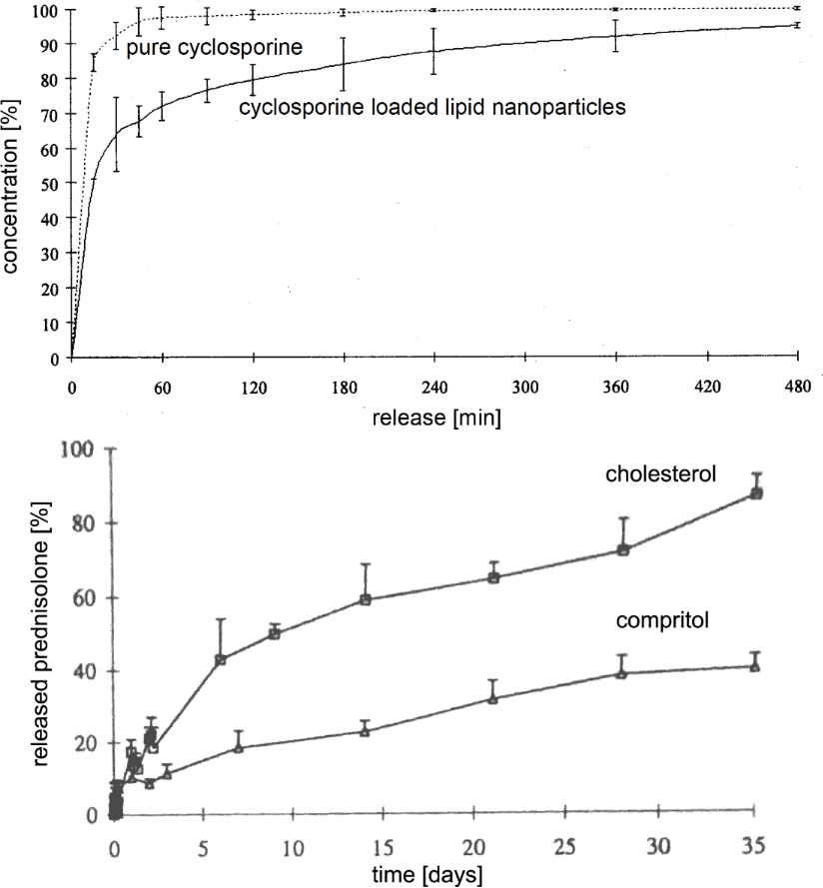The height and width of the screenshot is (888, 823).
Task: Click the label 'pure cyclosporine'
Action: [x=214, y=47]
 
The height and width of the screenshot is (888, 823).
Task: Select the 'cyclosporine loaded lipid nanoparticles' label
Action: [x=432, y=106]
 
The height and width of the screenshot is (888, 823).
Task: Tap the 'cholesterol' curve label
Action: [x=661, y=474]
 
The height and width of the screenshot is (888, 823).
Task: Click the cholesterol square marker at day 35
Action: [x=756, y=493]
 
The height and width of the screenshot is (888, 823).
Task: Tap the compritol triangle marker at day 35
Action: [x=755, y=666]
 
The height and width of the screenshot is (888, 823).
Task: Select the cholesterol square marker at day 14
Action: [x=366, y=599]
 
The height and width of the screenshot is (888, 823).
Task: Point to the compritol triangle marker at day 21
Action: [x=492, y=698]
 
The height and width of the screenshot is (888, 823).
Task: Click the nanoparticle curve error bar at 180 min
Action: [x=344, y=65]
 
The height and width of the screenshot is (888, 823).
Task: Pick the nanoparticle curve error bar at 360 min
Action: [x=616, y=35]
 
